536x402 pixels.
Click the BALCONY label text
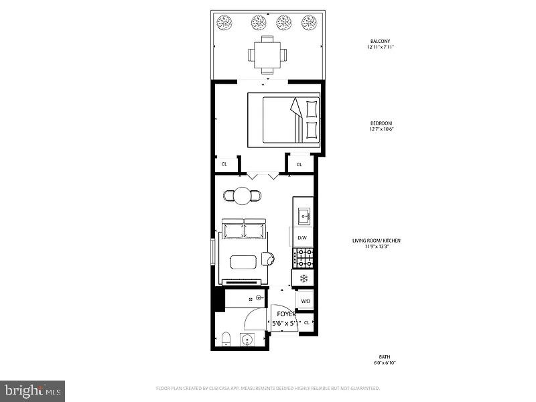click(x=380, y=41)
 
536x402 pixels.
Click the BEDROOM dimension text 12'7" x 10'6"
click(x=380, y=129)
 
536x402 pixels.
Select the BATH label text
click(x=383, y=356)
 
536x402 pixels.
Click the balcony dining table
click(x=268, y=54)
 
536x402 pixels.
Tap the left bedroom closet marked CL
click(x=224, y=163)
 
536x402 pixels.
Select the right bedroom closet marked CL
click(x=299, y=163)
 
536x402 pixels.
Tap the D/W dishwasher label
click(x=302, y=238)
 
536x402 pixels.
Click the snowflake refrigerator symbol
click(x=303, y=277)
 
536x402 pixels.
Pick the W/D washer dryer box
click(x=306, y=301)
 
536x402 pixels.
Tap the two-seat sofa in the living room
click(x=245, y=230)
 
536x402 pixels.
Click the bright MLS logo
click(x=33, y=389)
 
